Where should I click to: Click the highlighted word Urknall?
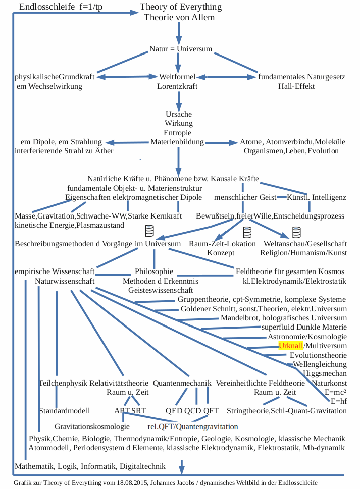[x=290, y=346]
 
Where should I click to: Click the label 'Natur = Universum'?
[x=181, y=49]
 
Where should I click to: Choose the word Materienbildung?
[x=177, y=142]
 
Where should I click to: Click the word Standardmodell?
[x=65, y=411]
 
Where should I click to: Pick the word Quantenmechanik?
[x=182, y=383]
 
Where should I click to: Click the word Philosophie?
[x=154, y=271]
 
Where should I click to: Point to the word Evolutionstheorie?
[x=319, y=355]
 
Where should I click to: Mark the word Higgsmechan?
[x=325, y=373]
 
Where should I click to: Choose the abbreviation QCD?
[x=191, y=411]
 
